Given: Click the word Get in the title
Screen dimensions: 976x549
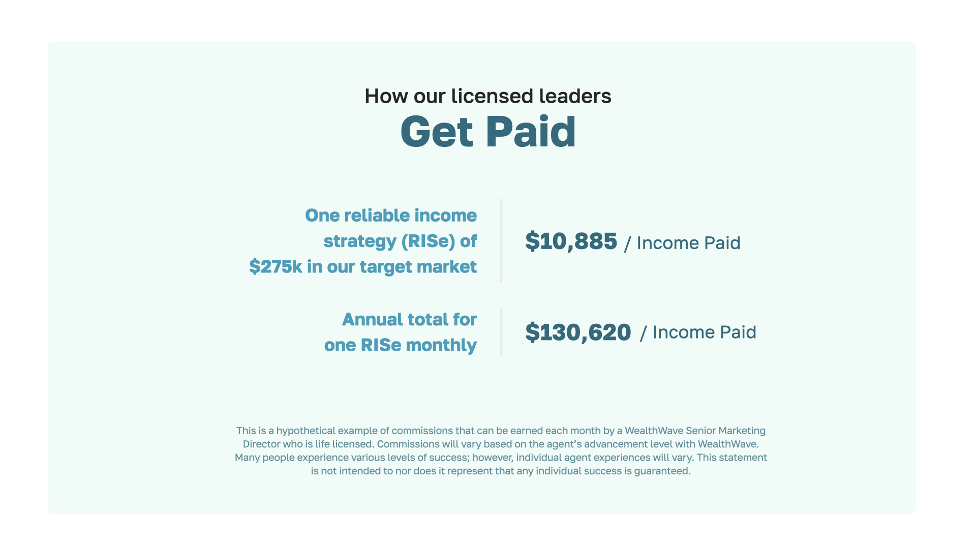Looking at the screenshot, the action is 437,132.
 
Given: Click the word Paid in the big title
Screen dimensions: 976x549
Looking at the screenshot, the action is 531,131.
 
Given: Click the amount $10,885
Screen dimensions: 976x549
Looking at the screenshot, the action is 571,241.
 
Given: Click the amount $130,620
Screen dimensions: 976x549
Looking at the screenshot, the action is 578,332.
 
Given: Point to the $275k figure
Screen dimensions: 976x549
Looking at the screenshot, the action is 276,266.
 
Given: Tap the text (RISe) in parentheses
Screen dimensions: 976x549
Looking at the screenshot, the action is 428,241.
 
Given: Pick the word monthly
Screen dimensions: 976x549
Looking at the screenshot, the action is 441,345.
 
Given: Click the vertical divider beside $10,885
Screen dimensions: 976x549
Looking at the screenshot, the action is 501,240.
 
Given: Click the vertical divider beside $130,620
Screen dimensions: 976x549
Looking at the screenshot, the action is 501,331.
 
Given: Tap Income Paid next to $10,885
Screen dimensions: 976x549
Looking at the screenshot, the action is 688,243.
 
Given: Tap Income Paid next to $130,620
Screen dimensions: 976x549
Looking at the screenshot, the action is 704,332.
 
